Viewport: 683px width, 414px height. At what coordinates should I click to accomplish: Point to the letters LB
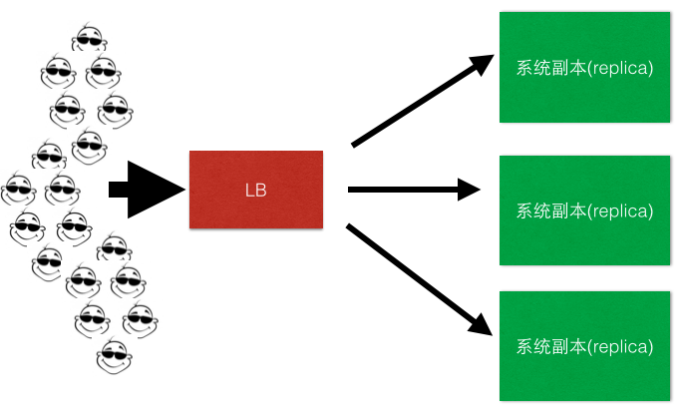point(256,190)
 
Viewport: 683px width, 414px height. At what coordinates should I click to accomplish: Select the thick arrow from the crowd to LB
point(145,188)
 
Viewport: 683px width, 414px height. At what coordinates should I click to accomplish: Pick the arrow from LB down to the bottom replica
point(419,277)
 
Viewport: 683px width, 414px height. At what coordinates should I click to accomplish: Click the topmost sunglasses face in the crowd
point(90,39)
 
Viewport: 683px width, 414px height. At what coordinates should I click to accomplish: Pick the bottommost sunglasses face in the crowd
point(113,354)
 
